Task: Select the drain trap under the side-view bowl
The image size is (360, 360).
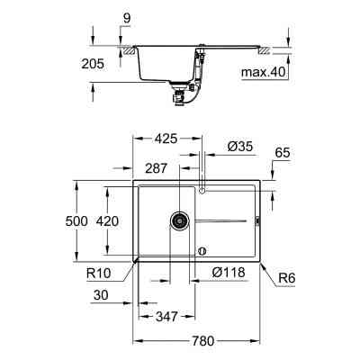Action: pos(180,90)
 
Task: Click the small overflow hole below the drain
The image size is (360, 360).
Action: pos(202,248)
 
